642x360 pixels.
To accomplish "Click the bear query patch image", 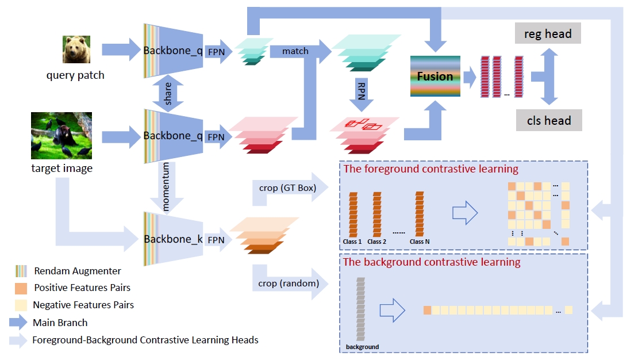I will [x=76, y=49].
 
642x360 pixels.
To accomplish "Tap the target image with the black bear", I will [x=61, y=136].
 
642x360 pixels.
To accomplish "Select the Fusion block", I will [x=435, y=76].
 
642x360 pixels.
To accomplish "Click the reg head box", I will [x=548, y=34].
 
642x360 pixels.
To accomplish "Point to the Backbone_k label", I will [x=173, y=239].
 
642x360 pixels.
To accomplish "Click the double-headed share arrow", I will [x=168, y=93].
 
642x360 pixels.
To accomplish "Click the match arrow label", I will [x=295, y=51].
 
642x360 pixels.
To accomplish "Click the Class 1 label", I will [x=352, y=242].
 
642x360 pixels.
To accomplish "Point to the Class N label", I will [x=420, y=242].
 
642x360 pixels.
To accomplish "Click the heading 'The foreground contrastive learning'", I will [x=430, y=169].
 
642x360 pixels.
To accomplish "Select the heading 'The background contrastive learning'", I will [x=431, y=262].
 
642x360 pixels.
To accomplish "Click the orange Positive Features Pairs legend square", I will [x=21, y=288].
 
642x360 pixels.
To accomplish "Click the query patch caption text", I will [x=75, y=75].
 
